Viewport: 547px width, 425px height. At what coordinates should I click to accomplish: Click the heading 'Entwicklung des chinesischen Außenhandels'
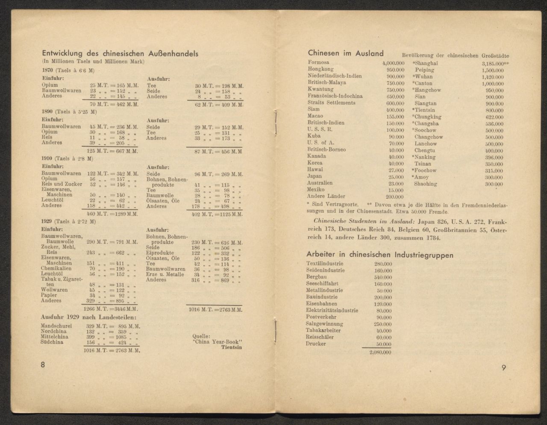click(x=120, y=53)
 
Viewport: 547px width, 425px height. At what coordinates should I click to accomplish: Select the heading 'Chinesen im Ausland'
click(x=346, y=53)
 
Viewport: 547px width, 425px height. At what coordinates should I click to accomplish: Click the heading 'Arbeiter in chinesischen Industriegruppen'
click(x=380, y=255)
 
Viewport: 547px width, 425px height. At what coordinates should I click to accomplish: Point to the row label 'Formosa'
click(x=318, y=62)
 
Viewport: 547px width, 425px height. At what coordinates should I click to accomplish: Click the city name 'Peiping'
click(x=424, y=70)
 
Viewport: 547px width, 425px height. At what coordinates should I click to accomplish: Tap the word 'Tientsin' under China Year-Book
click(x=232, y=347)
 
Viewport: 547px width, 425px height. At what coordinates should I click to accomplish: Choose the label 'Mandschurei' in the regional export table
click(x=56, y=326)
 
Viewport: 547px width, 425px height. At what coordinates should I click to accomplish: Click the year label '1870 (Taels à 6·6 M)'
click(x=68, y=70)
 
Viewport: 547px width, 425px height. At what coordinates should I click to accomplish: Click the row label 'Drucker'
click(x=316, y=343)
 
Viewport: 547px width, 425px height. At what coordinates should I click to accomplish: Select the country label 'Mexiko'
click(x=316, y=189)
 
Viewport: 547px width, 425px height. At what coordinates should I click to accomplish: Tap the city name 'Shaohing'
click(x=426, y=184)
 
